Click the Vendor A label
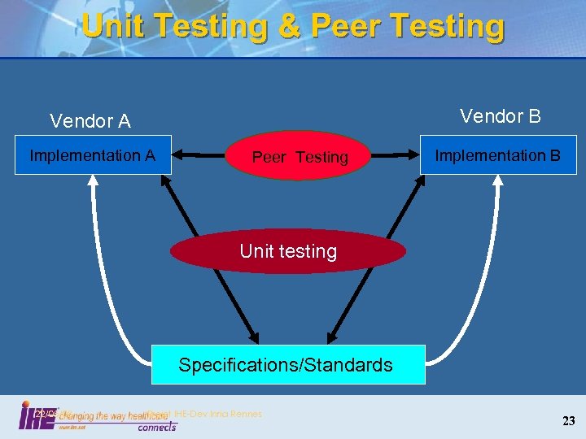click(90, 122)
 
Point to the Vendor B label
click(500, 116)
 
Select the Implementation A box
click(92, 155)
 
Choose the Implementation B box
click(496, 155)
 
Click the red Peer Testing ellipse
click(300, 157)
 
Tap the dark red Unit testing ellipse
click(288, 251)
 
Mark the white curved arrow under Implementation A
click(98, 268)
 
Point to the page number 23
click(568, 420)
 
